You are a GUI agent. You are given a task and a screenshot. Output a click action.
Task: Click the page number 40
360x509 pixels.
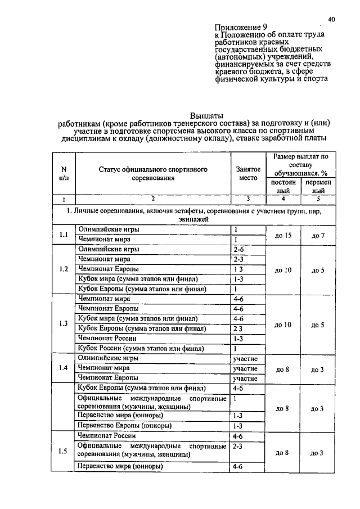[x=332, y=19]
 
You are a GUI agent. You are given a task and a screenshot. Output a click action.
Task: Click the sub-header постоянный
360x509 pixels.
[x=283, y=187]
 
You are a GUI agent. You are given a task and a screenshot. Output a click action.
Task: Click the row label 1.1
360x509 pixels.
[x=64, y=235]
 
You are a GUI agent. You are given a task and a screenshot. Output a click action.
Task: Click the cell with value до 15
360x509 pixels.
[x=283, y=235]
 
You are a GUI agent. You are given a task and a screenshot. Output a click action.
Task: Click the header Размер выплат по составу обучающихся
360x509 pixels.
[x=300, y=164]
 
